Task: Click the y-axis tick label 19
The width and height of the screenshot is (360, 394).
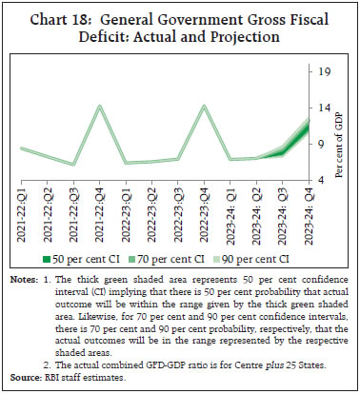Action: click(x=325, y=71)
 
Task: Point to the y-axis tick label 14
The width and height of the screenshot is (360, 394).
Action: click(x=325, y=108)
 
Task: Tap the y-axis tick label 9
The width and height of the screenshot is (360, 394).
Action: click(x=325, y=143)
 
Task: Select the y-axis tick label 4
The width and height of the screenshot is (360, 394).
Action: click(x=325, y=179)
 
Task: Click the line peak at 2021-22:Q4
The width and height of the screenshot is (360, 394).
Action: click(x=100, y=106)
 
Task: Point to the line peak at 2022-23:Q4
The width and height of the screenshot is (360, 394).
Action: click(x=205, y=106)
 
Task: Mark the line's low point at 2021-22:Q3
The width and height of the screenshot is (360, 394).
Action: click(x=74, y=164)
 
